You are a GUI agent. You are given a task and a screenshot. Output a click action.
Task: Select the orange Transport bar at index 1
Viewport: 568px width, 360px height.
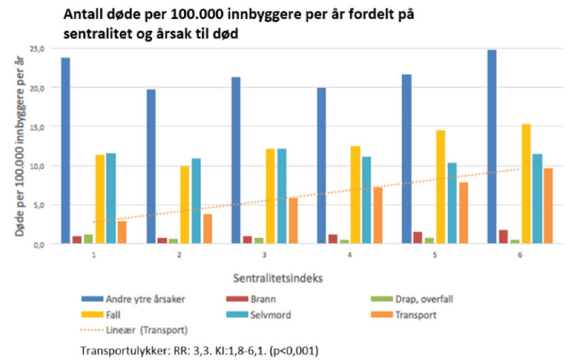click(x=122, y=232)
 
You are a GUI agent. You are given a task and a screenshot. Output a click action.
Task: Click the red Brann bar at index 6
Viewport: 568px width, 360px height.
click(x=504, y=237)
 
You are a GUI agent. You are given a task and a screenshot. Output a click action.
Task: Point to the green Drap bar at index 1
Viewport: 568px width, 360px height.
click(x=88, y=239)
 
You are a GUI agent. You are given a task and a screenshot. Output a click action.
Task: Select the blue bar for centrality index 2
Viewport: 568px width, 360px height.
click(x=151, y=166)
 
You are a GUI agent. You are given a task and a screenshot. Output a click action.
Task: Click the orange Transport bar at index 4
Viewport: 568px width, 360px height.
click(x=377, y=215)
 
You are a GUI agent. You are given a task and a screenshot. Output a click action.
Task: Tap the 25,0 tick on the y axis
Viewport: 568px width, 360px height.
click(x=38, y=49)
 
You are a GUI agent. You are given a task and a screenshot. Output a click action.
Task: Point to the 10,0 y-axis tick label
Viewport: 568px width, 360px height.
click(x=38, y=166)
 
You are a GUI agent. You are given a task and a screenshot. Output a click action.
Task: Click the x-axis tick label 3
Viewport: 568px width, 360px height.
click(x=264, y=254)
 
